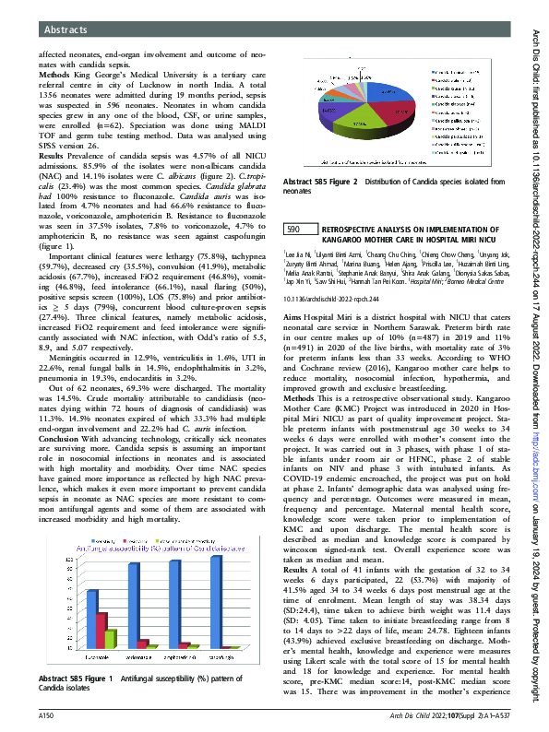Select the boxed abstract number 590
[293, 229]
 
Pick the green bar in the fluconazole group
[110, 639]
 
